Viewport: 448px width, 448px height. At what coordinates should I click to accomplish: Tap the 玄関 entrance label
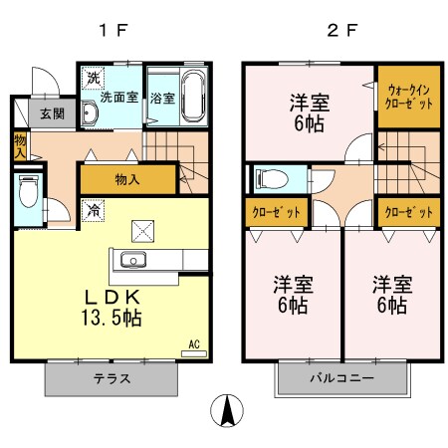click(52, 114)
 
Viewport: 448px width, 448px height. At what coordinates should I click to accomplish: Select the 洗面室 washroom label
click(117, 99)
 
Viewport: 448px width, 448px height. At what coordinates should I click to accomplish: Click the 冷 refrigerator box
click(93, 211)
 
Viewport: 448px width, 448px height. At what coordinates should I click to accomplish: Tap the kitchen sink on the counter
click(133, 261)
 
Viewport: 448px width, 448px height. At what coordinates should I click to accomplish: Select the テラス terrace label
click(112, 379)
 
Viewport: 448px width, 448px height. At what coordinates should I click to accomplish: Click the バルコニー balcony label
click(341, 379)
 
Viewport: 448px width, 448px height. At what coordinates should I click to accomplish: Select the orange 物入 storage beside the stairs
click(127, 179)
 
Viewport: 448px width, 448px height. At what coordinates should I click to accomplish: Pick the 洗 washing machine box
click(93, 77)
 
